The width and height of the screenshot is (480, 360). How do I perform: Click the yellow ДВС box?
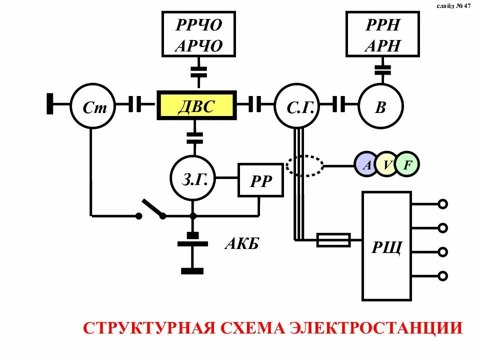[x=197, y=105]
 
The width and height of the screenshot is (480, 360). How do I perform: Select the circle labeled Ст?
[x=92, y=106]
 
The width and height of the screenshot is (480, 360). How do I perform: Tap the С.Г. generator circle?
[x=296, y=106]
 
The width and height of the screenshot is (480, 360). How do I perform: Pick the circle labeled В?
[x=381, y=106]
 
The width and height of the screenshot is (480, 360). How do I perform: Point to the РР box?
[x=260, y=180]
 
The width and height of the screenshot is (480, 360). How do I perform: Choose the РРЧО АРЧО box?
[x=198, y=34]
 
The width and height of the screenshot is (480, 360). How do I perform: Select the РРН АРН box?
[x=382, y=34]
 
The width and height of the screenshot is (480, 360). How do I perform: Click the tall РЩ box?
[x=386, y=245]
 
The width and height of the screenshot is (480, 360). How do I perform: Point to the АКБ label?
[x=242, y=244]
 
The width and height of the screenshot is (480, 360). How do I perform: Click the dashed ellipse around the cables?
[x=305, y=165]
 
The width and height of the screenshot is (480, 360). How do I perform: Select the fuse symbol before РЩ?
[x=333, y=240]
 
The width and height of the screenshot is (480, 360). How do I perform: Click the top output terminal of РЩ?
[x=442, y=204]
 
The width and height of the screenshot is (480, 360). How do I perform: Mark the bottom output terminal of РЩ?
[x=442, y=275]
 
